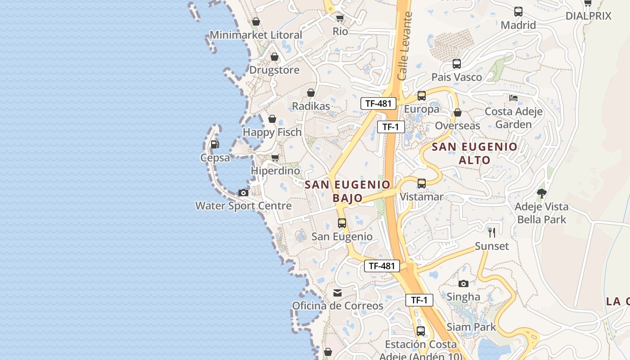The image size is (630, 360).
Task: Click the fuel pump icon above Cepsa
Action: pyautogui.click(x=215, y=144)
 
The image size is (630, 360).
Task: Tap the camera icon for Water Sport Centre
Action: pyautogui.click(x=243, y=193)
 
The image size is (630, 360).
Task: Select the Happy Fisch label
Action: pyautogui.click(x=272, y=132)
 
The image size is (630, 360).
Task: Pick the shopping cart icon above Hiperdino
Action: pyautogui.click(x=275, y=158)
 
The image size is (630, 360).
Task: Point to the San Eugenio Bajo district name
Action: pyautogui.click(x=347, y=191)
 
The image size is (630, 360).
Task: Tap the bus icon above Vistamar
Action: pyautogui.click(x=422, y=184)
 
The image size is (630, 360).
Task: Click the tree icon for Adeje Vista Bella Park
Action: pyautogui.click(x=542, y=193)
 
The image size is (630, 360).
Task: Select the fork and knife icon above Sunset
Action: pyautogui.click(x=492, y=233)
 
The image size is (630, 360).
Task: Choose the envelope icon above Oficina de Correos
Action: pyautogui.click(x=337, y=293)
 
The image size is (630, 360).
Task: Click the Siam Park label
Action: pyautogui.click(x=471, y=327)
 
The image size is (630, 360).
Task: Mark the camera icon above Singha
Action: pyautogui.click(x=463, y=283)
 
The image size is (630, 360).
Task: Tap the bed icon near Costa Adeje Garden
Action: pyautogui.click(x=513, y=98)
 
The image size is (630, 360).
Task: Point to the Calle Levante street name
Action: pyautogui.click(x=405, y=46)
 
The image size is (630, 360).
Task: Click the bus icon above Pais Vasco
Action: pyautogui.click(x=457, y=64)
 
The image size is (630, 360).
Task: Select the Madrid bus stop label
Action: pyautogui.click(x=518, y=25)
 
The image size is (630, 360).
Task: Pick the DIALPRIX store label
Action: pyautogui.click(x=594, y=16)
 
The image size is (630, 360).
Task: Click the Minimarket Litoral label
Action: pyautogui.click(x=256, y=35)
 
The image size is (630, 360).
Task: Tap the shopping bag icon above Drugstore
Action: pyautogui.click(x=274, y=57)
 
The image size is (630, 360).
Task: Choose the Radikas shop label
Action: pyautogui.click(x=311, y=106)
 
